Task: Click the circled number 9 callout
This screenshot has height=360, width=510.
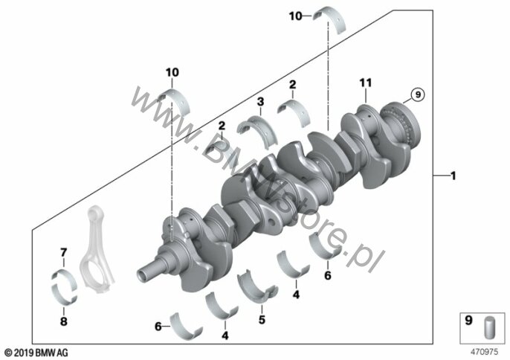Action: coord(418,94)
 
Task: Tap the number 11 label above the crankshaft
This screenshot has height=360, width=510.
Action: coord(365,83)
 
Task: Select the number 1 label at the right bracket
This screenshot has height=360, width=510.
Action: coord(453,176)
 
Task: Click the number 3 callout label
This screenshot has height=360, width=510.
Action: coord(260,102)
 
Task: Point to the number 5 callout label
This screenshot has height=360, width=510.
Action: coord(262,319)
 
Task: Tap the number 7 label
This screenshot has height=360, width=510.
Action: coord(63,252)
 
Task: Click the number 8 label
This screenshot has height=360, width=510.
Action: coord(64,321)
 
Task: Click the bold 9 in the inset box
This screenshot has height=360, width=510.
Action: coord(468,321)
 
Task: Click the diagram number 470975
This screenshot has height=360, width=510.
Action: coord(485,352)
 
